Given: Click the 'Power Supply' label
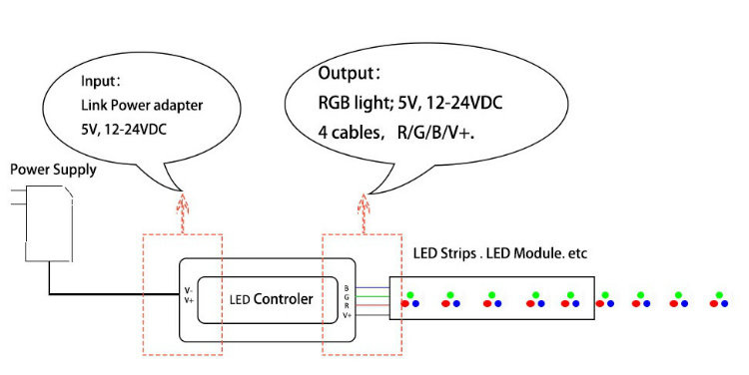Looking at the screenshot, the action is pos(53,170).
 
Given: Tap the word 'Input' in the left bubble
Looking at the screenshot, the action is pos(99,81).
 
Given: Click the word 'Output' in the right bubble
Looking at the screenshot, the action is pos(346,73).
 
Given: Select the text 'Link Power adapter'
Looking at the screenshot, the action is pos(142,105).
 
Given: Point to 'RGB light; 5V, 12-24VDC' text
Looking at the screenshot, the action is pos(410,102).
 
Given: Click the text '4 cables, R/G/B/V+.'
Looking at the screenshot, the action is pos(396,133).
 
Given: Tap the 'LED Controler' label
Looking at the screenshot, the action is pos(271,299).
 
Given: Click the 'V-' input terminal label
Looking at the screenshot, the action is pos(189,290).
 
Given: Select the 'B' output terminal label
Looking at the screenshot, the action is pos(347,288).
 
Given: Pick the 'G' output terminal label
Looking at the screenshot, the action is pos(347,297).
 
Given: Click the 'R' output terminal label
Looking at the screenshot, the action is pos(347,306).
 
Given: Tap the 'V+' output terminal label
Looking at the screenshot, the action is pos(347,315).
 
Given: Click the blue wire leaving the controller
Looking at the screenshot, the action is pos(373,287).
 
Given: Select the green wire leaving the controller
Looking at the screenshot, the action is pos(373,297).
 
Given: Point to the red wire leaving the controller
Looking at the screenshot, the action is pos(373,305).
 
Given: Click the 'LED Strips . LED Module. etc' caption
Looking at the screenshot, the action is pos(499,253).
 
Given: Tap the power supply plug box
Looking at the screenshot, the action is pos(49,223).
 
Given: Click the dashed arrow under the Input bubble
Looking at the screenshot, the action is pos(183,212).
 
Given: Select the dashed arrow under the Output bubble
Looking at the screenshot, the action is pos(364,213).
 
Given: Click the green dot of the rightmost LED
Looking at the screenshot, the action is pos(719,295).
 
